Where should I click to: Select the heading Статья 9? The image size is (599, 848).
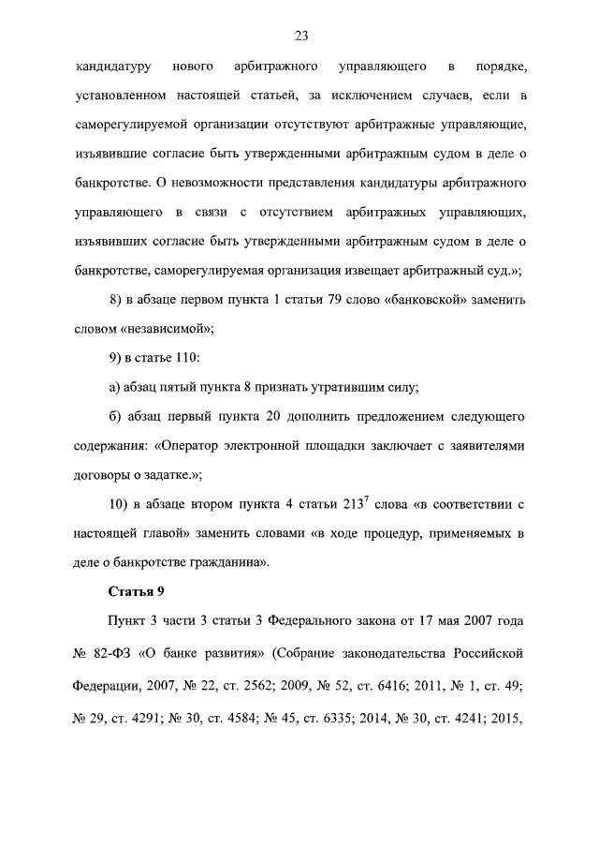point(138,591)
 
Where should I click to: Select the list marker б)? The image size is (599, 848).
point(115,414)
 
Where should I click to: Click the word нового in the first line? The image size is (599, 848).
point(193,67)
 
